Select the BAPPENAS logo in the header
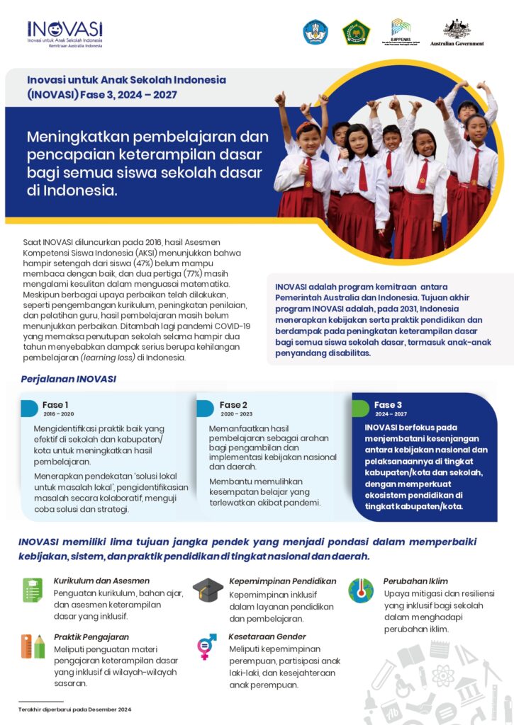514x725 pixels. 405,33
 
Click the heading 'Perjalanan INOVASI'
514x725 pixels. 69,379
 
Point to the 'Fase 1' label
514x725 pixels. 55,405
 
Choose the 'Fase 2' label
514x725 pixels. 233,405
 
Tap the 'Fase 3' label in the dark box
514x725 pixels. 389,405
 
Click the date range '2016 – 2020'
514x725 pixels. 58,414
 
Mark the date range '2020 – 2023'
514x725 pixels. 235,414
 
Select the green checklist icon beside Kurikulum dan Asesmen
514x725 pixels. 33,590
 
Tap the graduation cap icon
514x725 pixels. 207,589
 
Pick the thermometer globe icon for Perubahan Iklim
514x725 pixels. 361,590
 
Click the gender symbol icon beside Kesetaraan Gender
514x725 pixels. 207,645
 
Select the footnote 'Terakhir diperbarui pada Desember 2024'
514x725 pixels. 75,709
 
